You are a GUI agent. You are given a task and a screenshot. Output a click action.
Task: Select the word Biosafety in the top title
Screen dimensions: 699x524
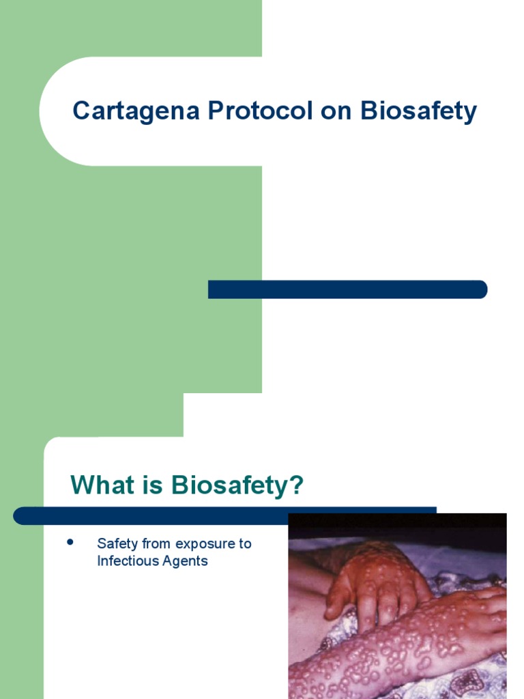418,111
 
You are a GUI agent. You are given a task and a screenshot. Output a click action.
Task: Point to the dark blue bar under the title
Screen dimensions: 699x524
347,289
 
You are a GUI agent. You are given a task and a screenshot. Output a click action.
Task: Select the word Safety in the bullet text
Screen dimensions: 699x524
118,544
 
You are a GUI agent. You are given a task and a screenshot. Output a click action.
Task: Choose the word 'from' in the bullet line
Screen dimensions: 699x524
157,544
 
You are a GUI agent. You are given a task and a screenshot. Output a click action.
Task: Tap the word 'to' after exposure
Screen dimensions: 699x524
245,544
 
